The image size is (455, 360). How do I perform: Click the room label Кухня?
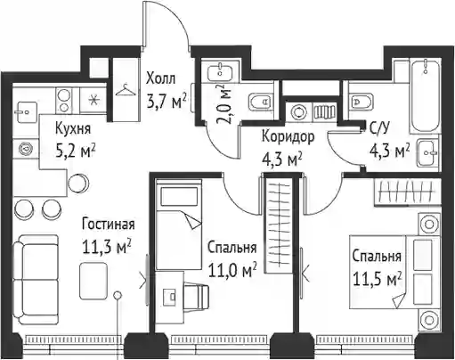[73, 129]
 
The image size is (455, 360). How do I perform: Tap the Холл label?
[160, 79]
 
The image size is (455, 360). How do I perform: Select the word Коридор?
[288, 137]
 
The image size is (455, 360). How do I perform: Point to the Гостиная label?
[109, 225]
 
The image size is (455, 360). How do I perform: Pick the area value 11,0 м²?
[232, 270]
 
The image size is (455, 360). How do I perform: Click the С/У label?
[379, 128]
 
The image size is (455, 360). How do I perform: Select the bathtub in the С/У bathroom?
[425, 96]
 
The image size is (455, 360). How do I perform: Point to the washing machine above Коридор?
[297, 112]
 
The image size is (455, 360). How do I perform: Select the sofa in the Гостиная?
[37, 280]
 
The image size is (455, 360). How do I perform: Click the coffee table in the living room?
[93, 281]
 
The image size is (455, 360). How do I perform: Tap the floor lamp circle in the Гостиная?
[118, 295]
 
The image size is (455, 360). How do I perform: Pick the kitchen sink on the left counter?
[27, 112]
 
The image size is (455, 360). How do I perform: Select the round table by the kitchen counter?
[77, 183]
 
